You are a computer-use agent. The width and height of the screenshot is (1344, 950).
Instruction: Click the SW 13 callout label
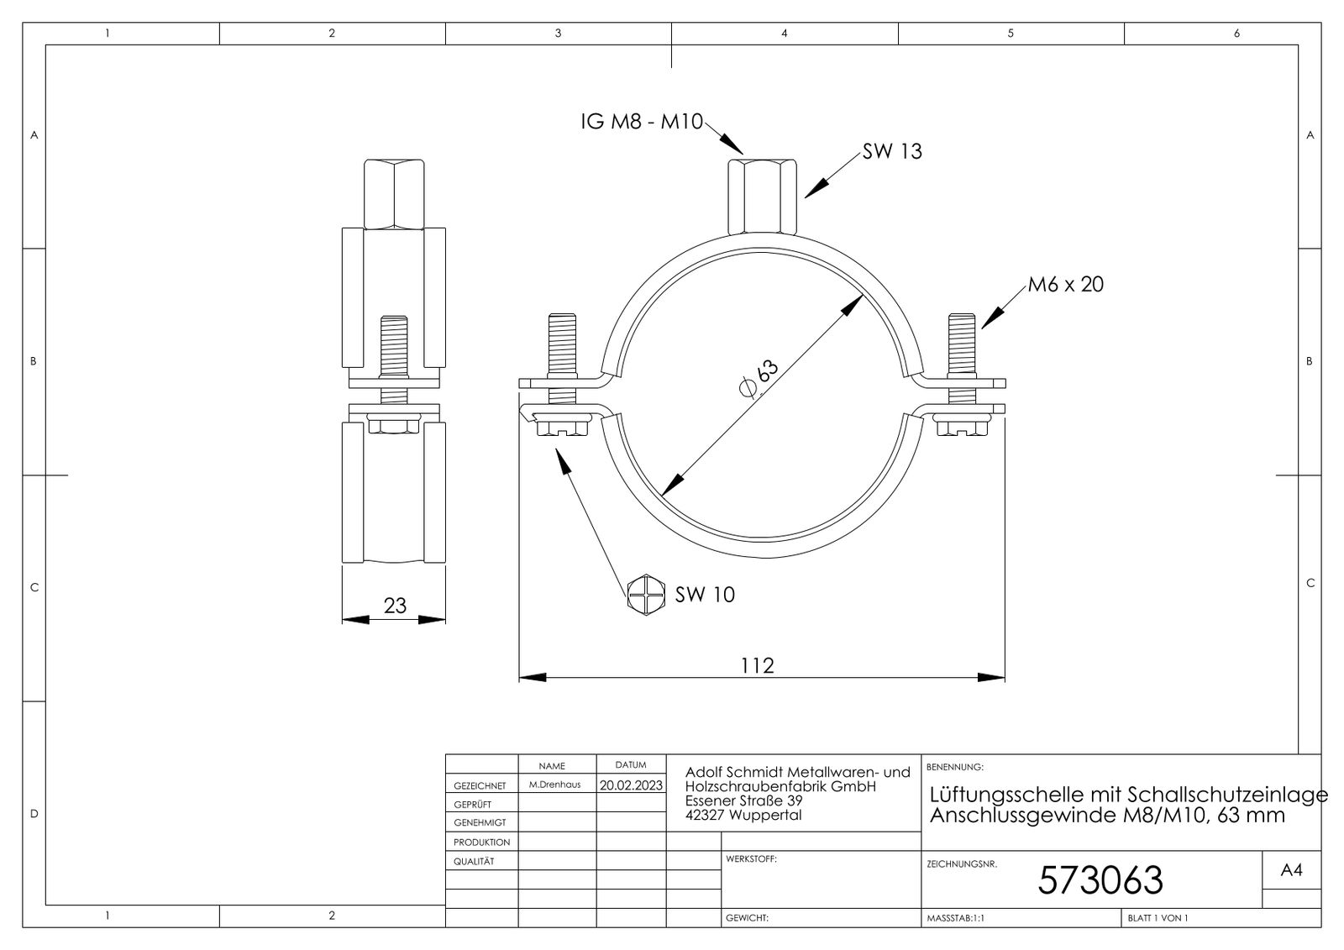(x=891, y=152)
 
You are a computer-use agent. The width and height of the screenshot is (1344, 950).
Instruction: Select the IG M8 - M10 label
(x=641, y=122)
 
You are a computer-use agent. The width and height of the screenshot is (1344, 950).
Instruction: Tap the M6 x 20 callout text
(x=1065, y=285)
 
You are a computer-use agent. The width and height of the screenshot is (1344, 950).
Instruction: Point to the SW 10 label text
(x=705, y=595)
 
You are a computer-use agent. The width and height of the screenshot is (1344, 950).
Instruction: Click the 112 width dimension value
(x=757, y=665)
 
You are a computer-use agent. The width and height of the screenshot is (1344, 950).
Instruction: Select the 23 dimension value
(x=395, y=605)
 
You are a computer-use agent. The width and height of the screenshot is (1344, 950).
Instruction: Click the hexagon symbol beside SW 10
(x=644, y=593)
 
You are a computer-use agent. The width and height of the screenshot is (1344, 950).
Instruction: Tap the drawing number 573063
(x=1100, y=880)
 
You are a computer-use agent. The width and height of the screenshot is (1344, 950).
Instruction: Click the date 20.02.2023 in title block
(x=631, y=785)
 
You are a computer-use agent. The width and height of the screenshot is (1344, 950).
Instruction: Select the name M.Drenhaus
(x=555, y=785)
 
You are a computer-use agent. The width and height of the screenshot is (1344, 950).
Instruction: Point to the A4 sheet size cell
(x=1291, y=871)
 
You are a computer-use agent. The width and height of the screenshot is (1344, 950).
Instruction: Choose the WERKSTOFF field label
(x=751, y=859)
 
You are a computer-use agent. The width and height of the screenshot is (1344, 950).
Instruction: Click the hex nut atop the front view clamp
(x=760, y=196)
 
